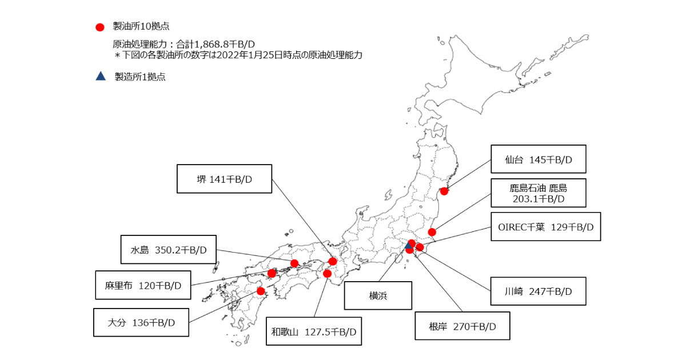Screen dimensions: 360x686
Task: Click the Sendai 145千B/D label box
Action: tap(539, 159)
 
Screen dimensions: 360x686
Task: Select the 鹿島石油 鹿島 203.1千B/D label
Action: tap(539, 193)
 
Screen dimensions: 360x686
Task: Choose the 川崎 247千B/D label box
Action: tap(539, 291)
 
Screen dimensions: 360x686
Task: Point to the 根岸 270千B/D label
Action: tap(462, 327)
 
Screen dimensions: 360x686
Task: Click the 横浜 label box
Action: tap(378, 296)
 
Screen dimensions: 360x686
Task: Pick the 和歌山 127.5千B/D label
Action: tap(314, 331)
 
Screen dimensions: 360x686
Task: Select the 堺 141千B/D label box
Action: tap(224, 179)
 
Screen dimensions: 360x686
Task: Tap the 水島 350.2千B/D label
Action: tap(168, 250)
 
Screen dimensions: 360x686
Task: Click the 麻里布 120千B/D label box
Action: tap(143, 285)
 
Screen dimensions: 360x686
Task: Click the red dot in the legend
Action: tap(101, 26)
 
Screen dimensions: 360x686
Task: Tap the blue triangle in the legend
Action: tap(101, 76)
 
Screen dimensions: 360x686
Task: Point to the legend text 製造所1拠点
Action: tap(140, 77)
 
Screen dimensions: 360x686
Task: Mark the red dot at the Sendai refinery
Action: tap(444, 191)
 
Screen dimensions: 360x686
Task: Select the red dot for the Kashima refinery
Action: tap(432, 232)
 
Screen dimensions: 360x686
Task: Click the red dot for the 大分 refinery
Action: tap(261, 291)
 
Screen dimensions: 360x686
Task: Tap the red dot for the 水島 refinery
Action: tap(294, 263)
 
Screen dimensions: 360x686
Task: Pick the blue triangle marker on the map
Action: tap(408, 246)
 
